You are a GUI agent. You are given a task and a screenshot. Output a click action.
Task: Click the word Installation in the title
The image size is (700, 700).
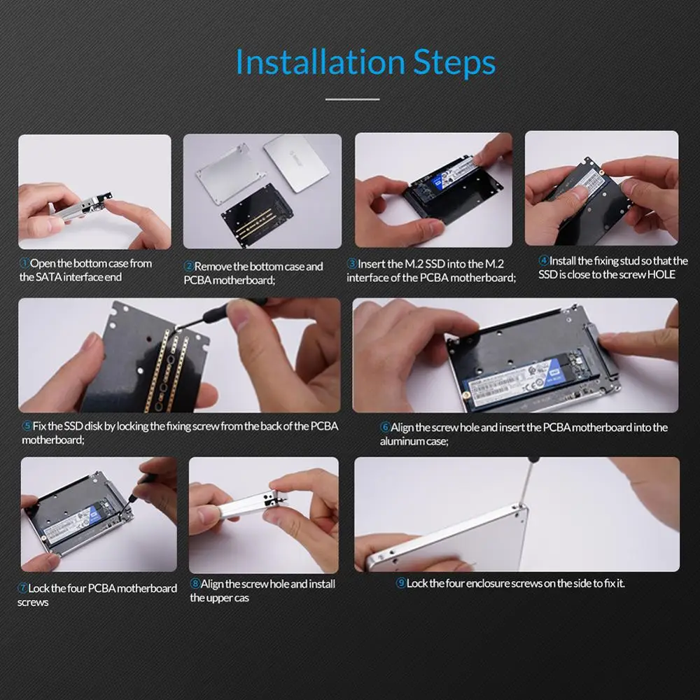pyautogui.click(x=321, y=62)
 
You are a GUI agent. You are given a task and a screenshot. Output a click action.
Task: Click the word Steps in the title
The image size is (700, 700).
pyautogui.click(x=454, y=63)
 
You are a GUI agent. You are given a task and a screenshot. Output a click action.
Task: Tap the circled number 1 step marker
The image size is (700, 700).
pyautogui.click(x=24, y=263)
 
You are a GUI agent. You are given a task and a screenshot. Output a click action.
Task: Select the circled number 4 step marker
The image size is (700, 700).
pyautogui.click(x=544, y=260)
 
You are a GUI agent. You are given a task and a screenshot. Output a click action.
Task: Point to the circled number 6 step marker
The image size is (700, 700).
pyautogui.click(x=385, y=427)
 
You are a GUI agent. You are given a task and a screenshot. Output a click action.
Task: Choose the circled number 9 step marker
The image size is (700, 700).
pyautogui.click(x=401, y=583)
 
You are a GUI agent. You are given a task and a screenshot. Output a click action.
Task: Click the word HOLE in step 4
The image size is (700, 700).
pyautogui.click(x=661, y=274)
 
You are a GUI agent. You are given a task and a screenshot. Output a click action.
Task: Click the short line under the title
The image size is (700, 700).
pyautogui.click(x=352, y=99)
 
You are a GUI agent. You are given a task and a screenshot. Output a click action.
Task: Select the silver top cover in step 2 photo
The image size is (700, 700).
pyautogui.click(x=296, y=163)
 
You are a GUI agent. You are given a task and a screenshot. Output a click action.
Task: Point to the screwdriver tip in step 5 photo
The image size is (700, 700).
pyautogui.click(x=176, y=330)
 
